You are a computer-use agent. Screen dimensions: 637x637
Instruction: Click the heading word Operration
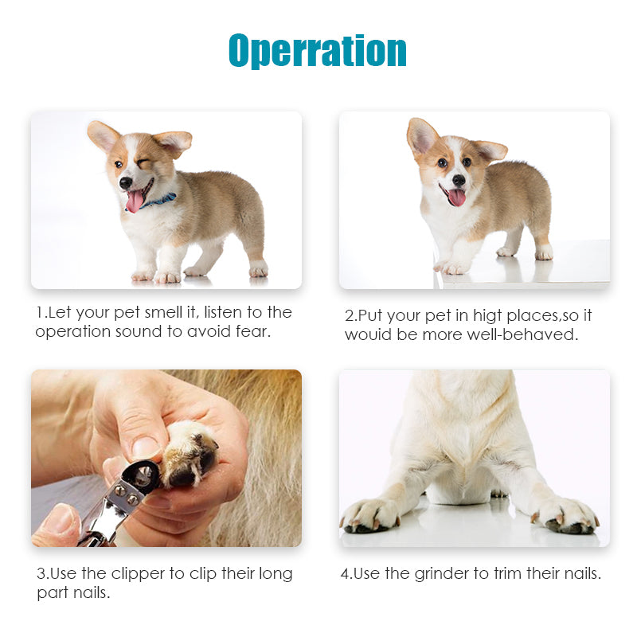pyautogui.click(x=318, y=51)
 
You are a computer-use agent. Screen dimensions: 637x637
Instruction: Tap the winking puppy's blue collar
pyautogui.click(x=164, y=200)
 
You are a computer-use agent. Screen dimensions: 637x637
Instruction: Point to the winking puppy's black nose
pyautogui.click(x=126, y=182)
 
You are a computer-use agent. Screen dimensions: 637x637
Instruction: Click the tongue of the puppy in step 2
pyautogui.click(x=456, y=197)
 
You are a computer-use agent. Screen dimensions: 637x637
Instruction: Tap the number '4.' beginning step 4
pyautogui.click(x=346, y=573)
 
